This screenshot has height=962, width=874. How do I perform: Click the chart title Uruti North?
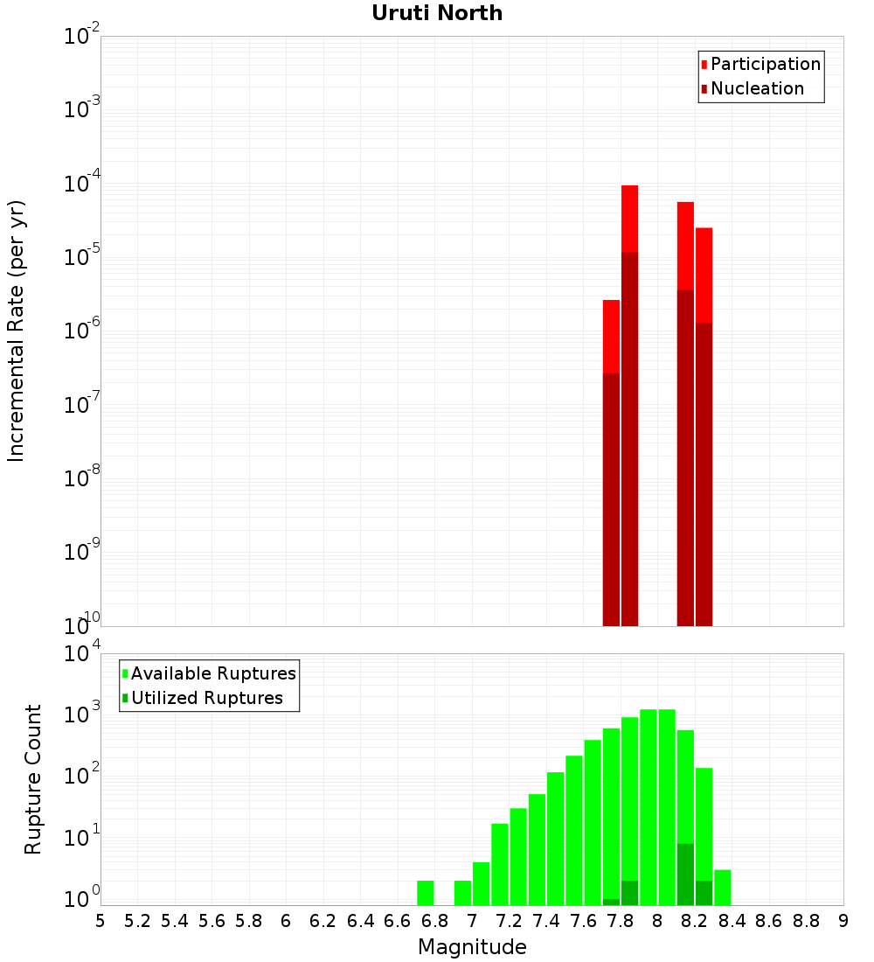point(437,13)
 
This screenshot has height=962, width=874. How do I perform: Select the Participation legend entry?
point(765,64)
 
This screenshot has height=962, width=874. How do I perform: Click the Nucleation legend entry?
point(756,88)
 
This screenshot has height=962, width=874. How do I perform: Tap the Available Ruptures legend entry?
point(212,673)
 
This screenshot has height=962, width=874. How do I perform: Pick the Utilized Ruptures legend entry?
point(205,698)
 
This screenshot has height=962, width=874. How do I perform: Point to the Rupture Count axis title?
point(33,779)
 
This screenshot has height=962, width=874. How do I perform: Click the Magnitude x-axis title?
point(472,947)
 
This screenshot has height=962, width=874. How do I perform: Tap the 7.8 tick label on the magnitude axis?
point(621,921)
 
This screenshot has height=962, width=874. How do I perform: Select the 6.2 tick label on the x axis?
point(323,921)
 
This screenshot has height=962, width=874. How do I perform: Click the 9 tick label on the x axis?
point(843,921)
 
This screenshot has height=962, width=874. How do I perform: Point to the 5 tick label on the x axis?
point(101,921)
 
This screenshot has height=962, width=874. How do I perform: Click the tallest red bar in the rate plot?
point(630,219)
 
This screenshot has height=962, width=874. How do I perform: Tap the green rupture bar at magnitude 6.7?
point(426,892)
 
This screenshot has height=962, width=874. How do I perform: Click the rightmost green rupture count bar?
point(723,887)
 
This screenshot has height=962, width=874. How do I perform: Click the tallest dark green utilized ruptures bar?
point(685,874)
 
